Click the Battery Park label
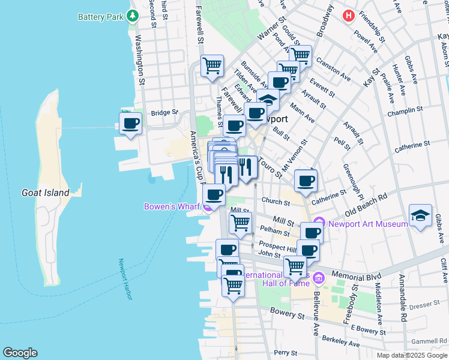tap(100, 17)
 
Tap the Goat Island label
tap(45, 193)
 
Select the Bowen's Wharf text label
tap(172, 207)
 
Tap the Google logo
tap(20, 353)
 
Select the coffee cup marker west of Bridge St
tap(130, 124)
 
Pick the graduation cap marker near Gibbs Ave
tap(420, 217)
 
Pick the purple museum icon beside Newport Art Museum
tap(319, 224)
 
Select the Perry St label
tap(282, 353)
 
